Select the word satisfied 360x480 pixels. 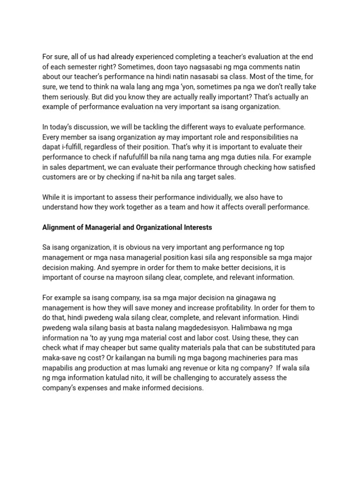pyautogui.click(x=296, y=167)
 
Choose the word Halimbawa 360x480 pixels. pyautogui.click(x=255, y=328)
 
